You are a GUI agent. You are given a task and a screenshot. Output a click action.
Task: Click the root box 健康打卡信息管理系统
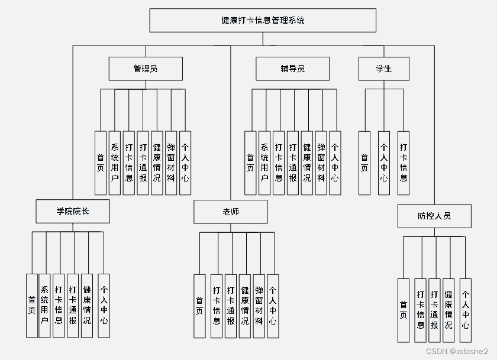point(263,21)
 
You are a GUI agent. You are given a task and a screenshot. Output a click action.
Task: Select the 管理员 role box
point(145,69)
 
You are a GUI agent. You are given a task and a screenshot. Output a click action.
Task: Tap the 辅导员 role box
point(292,69)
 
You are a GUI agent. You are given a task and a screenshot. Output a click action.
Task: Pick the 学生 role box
point(383,69)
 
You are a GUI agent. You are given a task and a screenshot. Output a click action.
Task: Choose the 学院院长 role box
point(73,211)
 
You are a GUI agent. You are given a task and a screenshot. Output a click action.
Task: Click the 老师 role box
point(230,212)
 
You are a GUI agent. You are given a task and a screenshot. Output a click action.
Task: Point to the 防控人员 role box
point(434,216)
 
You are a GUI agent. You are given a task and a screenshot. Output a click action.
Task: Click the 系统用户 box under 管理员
point(115,163)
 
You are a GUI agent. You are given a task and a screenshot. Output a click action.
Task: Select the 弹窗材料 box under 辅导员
point(321,163)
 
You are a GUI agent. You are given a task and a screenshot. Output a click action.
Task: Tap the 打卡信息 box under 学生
point(404,163)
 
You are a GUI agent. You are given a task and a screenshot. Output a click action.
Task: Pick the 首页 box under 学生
point(364,163)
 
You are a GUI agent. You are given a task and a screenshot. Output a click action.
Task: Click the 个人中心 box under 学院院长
point(104,306)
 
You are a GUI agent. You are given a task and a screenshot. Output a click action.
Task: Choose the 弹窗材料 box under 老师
point(259,306)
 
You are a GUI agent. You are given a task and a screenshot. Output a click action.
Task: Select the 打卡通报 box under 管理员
point(143,163)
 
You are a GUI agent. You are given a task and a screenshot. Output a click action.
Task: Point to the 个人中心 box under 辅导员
point(335,163)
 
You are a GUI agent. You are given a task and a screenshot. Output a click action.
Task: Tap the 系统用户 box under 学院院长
point(44,306)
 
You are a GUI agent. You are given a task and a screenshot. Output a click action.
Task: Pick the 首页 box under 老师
point(199,306)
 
